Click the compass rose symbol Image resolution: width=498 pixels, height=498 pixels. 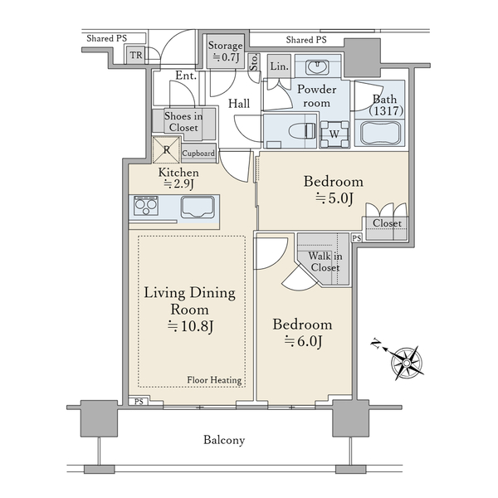(407, 363)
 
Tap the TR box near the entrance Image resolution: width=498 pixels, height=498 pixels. (136, 56)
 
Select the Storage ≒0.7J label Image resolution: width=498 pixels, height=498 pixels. (225, 51)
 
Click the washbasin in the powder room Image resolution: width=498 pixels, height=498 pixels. (317, 67)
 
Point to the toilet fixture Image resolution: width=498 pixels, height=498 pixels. (302, 131)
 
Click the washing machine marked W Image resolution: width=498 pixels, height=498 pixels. (334, 134)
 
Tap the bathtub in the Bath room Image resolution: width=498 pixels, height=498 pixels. (380, 133)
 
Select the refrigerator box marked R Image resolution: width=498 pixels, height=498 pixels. (167, 150)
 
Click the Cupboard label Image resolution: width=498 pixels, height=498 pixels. (198, 154)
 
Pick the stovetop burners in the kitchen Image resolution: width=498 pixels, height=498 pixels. (146, 206)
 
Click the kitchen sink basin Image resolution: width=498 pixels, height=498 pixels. (198, 207)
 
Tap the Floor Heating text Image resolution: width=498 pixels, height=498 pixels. (214, 380)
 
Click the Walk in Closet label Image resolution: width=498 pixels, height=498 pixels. (325, 261)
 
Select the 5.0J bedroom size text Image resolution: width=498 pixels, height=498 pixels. (334, 199)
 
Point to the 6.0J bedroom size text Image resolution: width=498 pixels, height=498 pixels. (303, 341)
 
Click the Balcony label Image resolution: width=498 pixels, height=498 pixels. (224, 440)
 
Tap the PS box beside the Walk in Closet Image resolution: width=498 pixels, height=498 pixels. (357, 238)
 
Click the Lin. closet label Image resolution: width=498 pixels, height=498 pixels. (280, 66)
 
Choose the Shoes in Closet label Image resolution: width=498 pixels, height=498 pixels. (183, 122)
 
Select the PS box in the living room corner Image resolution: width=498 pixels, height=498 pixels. (139, 402)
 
